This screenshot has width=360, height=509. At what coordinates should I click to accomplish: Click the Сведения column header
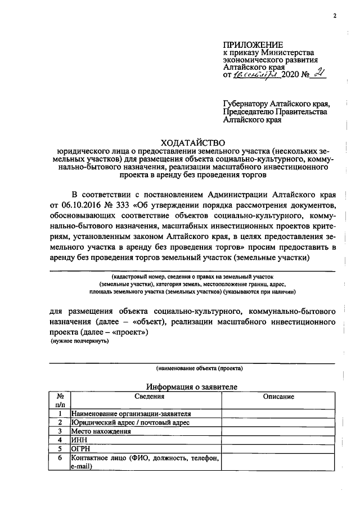145,397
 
